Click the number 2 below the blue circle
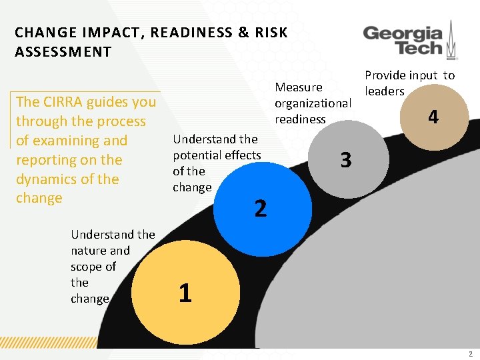click(x=261, y=209)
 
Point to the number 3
click(x=345, y=160)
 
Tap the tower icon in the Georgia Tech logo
click(x=451, y=39)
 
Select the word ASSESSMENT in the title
click(x=63, y=52)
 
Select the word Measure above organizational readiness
click(x=299, y=87)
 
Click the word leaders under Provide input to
click(x=384, y=91)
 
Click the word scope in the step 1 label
click(x=85, y=267)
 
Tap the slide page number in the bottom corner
click(x=471, y=354)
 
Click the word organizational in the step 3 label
click(x=313, y=103)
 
